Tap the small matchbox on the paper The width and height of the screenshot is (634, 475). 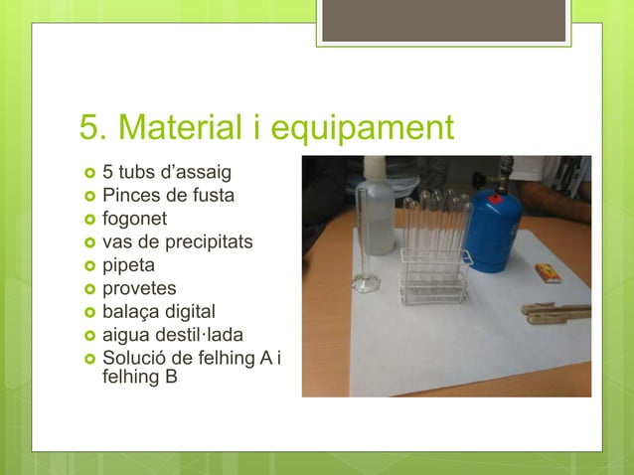548,272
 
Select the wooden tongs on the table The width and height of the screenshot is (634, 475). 556,314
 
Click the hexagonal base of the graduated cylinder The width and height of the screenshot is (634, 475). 366,284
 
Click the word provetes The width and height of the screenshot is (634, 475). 140,288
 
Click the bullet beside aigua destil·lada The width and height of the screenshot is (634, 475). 87,336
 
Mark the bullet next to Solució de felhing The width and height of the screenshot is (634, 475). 87,359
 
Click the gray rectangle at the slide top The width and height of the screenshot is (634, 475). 443,20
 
